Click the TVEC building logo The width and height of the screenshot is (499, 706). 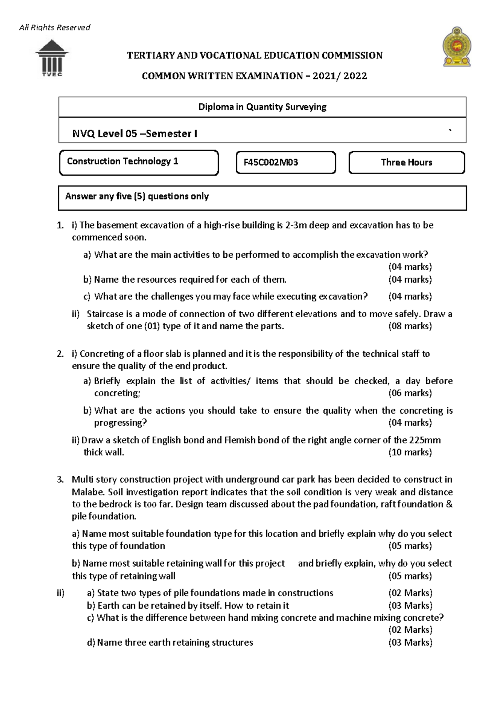(52, 58)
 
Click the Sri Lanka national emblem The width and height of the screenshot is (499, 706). (457, 47)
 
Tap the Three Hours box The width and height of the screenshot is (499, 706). (406, 162)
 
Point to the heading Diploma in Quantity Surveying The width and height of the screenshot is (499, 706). (262, 107)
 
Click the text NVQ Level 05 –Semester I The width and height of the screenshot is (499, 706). (135, 134)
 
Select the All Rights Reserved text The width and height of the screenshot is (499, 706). (54, 27)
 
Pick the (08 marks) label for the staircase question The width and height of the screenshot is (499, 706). (410, 326)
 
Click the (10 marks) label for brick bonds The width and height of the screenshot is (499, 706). (410, 452)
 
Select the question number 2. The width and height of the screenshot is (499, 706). (60, 354)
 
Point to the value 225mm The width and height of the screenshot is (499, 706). (425, 440)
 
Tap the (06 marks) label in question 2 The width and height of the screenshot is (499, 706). (410, 393)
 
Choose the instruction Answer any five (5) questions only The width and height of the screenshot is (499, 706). (137, 196)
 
